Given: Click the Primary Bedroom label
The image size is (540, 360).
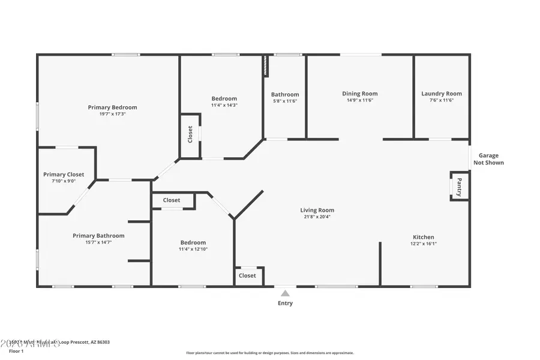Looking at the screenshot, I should click(112, 107).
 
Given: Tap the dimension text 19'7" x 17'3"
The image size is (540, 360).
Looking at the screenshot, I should click(112, 114).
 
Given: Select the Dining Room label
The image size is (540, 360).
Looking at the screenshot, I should click(359, 94).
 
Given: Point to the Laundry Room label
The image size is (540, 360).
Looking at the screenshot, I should click(441, 94).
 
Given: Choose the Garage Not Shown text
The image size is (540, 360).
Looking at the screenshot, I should click(488, 159).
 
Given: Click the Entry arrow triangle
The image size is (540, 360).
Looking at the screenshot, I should click(285, 293).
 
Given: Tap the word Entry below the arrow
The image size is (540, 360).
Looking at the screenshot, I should click(285, 304).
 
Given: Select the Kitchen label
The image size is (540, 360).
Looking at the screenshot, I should click(423, 237).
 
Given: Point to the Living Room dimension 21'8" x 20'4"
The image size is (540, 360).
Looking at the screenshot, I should click(317, 217).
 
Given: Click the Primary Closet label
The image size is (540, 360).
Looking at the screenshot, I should click(64, 175).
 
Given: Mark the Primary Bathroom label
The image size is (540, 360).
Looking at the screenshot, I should click(98, 236).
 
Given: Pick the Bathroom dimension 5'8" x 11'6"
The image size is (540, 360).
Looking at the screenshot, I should click(284, 101).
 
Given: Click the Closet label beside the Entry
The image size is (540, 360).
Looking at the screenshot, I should click(247, 275).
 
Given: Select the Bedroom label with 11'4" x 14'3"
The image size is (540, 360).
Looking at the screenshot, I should click(224, 98).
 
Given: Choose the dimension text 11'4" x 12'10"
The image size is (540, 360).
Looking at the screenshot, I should click(193, 249).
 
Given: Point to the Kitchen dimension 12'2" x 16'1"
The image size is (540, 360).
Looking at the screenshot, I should click(423, 244).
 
